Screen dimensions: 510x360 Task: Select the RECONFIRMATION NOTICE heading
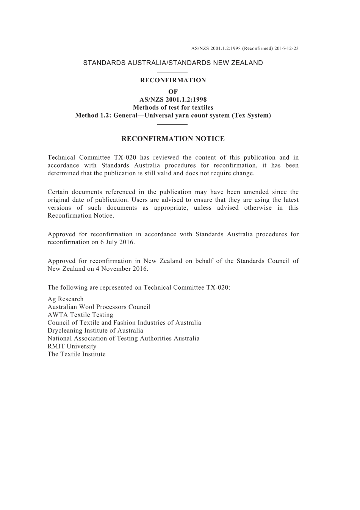click(x=173, y=139)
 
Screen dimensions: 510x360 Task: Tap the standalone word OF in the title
click(x=173, y=92)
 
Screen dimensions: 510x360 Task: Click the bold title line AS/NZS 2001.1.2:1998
click(x=173, y=100)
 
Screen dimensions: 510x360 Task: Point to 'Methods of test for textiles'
click(x=173, y=108)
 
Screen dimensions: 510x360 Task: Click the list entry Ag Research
click(x=65, y=299)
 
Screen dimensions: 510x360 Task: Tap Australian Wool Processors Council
click(x=99, y=307)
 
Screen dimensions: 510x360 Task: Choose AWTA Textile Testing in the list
click(x=80, y=315)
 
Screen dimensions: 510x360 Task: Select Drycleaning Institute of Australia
click(x=95, y=330)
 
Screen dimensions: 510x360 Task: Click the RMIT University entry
click(x=72, y=346)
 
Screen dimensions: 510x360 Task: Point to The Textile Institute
click(x=77, y=354)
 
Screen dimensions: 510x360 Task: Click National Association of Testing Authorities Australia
click(x=123, y=338)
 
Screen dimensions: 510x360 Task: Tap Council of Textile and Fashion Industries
click(x=124, y=323)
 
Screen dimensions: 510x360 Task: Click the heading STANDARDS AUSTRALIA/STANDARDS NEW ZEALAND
click(x=173, y=63)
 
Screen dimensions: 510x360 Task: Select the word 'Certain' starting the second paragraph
click(x=58, y=192)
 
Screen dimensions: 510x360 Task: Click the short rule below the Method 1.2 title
click(x=172, y=124)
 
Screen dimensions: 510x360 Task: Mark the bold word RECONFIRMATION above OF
click(x=173, y=80)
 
